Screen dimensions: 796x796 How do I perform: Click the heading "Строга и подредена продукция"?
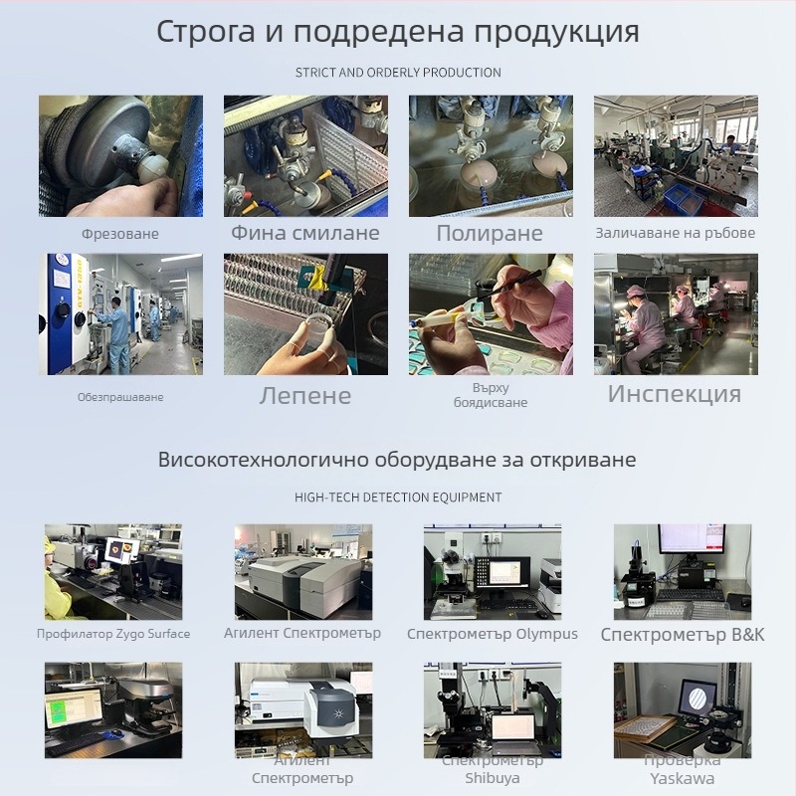398,31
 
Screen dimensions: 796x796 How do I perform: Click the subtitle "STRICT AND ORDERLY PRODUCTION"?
398,73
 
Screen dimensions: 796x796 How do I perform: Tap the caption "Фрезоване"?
120,234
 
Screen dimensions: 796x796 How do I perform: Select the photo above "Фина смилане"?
305,156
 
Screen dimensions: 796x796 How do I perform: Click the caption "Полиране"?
490,234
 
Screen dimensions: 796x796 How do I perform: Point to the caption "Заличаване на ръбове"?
676,233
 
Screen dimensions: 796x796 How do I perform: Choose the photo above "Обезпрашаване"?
120,313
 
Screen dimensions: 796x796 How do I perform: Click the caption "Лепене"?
305,395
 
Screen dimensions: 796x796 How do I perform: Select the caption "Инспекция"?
675,393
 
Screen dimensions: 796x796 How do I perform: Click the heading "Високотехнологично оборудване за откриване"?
398,460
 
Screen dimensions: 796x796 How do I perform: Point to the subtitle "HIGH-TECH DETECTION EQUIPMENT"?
398,497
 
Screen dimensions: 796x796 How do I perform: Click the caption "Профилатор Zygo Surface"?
113,634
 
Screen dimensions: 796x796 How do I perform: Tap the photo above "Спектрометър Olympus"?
493,572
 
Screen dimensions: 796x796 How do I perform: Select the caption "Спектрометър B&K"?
683,634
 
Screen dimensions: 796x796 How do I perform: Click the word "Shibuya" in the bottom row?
493,778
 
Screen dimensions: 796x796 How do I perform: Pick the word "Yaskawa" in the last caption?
683,778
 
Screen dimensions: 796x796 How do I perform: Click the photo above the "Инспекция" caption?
676,313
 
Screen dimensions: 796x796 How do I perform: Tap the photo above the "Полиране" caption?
491,156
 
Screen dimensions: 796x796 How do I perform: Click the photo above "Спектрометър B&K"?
683,572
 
